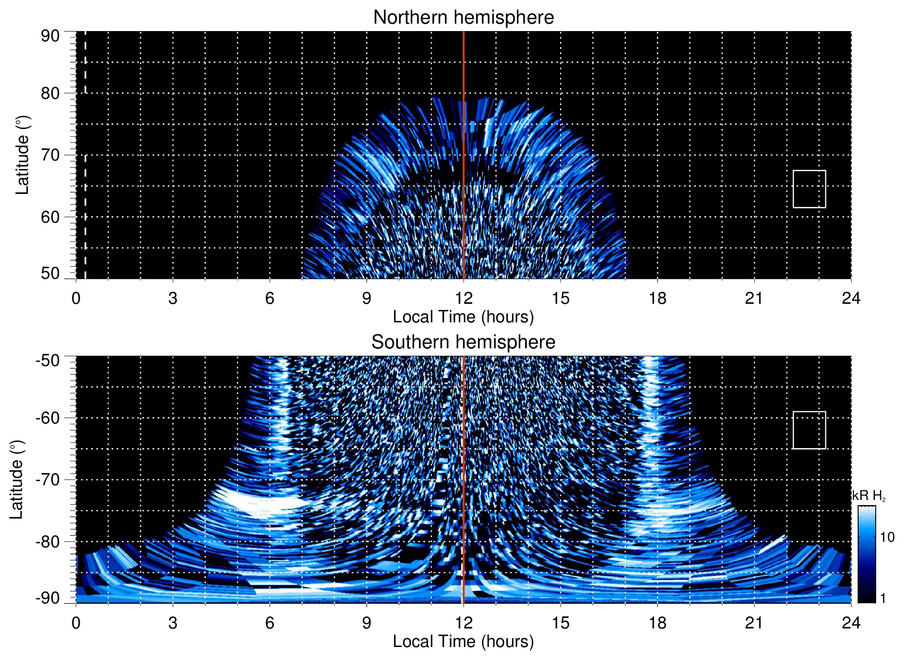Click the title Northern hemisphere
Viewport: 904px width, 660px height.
[x=463, y=18]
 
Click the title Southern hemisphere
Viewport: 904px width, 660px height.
[x=463, y=342]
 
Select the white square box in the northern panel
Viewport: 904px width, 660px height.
[x=809, y=189]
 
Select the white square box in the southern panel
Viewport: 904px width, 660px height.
[x=809, y=430]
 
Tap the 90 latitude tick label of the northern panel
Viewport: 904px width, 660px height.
[x=50, y=36]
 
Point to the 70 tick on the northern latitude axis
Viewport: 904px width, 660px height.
[x=50, y=155]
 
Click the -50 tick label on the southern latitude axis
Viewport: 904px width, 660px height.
[x=48, y=360]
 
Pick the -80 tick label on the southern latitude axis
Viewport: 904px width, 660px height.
[x=48, y=541]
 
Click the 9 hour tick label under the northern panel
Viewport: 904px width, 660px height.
[x=367, y=298]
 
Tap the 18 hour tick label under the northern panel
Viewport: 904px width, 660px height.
[x=657, y=298]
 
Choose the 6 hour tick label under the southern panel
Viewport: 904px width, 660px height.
[x=270, y=623]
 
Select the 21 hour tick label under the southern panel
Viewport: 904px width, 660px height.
[x=754, y=623]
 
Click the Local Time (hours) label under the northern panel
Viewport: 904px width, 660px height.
[x=463, y=317]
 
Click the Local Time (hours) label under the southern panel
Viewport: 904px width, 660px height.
[x=463, y=641]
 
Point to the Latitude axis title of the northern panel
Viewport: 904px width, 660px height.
[x=22, y=155]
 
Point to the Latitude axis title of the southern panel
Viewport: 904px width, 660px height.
[x=17, y=480]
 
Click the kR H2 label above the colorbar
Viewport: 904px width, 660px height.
[x=868, y=496]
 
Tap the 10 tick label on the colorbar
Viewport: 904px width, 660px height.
[x=887, y=537]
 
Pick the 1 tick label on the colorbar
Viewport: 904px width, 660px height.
[x=883, y=598]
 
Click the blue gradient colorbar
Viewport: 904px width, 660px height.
[x=866, y=554]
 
